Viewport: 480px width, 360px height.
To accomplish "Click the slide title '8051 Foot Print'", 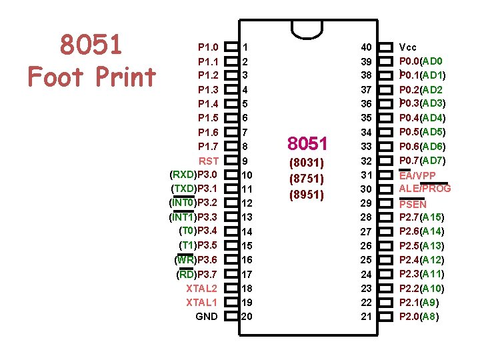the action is tap(91, 61).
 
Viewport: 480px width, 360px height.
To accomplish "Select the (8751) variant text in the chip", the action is tap(307, 179).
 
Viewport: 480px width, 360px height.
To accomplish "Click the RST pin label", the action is tap(208, 161).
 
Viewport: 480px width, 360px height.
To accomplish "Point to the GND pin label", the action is tap(207, 316).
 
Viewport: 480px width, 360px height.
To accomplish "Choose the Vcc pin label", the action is tap(408, 47).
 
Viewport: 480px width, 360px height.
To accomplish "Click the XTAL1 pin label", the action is tap(202, 302).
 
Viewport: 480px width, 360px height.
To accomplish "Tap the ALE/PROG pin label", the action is tap(425, 189).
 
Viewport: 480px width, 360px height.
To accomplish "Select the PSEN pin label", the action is tap(413, 205).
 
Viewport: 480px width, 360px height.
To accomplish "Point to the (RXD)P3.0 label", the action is tap(194, 175).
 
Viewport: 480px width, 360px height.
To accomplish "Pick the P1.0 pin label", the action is tap(208, 47).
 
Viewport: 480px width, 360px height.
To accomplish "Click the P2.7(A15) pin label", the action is tap(422, 217).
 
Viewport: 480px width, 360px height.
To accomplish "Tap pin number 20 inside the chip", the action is tap(247, 316).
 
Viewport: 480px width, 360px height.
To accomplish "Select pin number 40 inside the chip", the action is tap(367, 47).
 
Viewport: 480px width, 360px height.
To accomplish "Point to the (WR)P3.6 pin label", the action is tap(196, 260).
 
